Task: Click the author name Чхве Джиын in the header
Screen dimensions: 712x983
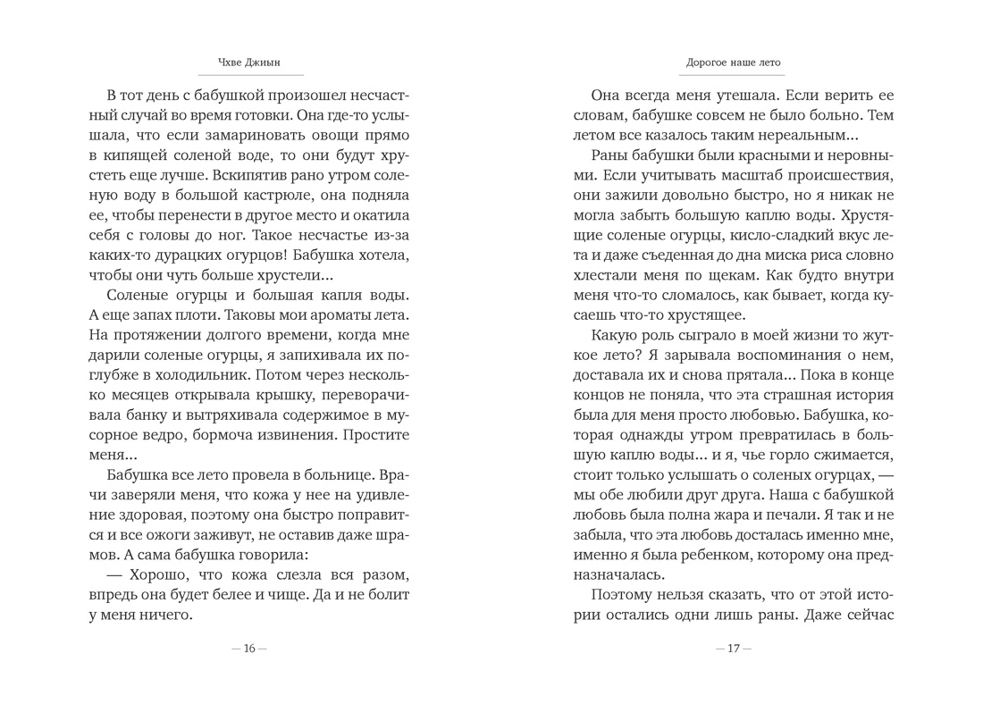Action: coord(248,63)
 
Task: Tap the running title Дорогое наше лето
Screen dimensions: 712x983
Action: coord(733,63)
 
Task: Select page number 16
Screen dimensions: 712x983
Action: coord(249,649)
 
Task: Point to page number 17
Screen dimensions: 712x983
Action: coord(734,649)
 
